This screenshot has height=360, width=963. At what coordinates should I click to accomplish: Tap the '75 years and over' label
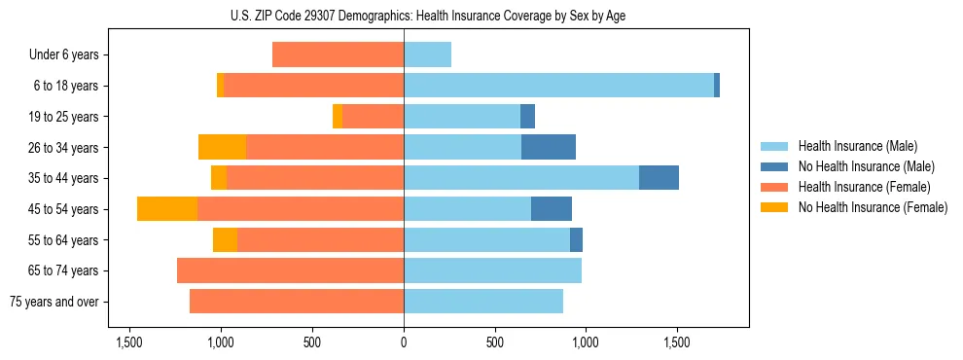point(54,302)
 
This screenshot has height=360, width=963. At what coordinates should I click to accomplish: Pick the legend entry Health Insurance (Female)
point(860,187)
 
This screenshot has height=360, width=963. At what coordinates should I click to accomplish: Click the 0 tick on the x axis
point(404,342)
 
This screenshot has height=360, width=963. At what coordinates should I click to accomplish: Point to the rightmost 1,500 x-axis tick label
point(677,342)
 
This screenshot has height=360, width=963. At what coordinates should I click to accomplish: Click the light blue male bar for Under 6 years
point(427,55)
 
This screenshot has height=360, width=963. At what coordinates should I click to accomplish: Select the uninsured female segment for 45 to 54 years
point(167,209)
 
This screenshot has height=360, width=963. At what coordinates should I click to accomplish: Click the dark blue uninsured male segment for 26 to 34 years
point(549,148)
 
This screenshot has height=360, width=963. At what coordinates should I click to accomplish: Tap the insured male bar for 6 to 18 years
point(558,86)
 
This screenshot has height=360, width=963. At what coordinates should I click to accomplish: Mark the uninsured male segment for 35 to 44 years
point(659,178)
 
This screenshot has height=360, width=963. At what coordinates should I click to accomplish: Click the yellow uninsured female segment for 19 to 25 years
point(338,117)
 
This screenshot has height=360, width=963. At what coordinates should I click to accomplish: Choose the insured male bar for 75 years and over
point(483,302)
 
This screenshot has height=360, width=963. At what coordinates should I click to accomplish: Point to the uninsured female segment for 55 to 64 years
point(225,240)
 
